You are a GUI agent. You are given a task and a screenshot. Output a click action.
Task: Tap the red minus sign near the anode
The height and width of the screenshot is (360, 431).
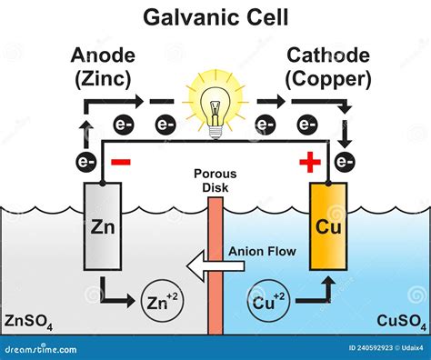121,162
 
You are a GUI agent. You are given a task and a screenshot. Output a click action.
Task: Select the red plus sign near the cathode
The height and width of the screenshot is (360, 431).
310,162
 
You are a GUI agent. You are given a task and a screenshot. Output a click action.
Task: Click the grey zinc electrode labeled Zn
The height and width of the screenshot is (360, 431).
103,226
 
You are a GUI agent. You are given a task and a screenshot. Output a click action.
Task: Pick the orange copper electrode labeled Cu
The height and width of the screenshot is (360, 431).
328,226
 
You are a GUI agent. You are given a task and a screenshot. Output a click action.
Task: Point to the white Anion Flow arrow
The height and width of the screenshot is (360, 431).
215,266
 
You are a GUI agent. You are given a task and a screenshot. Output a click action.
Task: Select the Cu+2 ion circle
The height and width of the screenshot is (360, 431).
269,300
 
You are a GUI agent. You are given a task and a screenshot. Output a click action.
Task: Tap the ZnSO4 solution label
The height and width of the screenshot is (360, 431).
29,322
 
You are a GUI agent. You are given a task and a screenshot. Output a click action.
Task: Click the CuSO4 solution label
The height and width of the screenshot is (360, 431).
401,322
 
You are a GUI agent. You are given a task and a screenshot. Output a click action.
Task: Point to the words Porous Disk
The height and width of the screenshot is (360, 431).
215,181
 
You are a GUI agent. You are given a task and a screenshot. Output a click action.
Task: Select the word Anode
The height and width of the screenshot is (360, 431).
103,55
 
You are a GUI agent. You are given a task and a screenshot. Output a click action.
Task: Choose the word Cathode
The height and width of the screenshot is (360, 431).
328,55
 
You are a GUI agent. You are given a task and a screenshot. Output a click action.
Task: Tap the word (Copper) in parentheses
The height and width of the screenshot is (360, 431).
328,80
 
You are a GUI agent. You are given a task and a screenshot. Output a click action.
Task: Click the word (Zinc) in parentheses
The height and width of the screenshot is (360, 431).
103,80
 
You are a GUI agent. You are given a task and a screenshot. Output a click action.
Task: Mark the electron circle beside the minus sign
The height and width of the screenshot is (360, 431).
86,162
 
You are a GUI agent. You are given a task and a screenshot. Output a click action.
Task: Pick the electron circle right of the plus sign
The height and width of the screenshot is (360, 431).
345,162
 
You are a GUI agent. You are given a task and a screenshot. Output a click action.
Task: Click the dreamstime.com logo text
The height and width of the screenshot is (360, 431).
41,349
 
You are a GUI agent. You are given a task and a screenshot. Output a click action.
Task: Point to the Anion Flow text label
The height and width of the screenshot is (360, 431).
262,252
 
